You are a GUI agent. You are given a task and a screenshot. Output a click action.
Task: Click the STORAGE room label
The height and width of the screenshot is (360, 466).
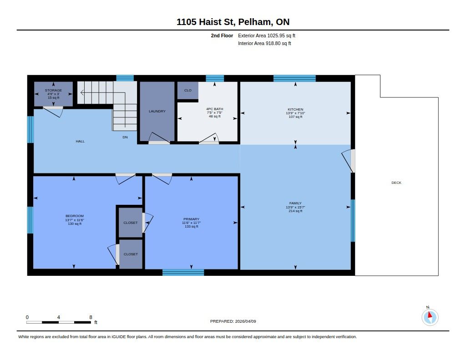click(54, 90)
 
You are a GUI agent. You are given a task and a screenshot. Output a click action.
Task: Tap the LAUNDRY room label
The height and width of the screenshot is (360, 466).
click(157, 111)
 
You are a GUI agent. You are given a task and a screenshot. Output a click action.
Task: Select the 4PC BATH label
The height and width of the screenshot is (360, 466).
click(215, 109)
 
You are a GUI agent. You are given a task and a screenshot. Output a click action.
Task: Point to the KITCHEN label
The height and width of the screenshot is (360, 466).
click(295, 109)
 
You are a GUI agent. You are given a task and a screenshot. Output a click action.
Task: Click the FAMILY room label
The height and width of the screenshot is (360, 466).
click(295, 203)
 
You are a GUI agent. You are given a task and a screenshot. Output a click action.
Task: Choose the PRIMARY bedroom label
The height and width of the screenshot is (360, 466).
click(192, 219)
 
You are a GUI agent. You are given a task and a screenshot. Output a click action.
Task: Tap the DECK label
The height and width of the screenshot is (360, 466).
click(396, 183)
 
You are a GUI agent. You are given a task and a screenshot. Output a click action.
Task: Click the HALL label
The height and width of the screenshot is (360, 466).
click(80, 142)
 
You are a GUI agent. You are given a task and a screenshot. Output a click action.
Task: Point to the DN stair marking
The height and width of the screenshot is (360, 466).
click(125, 137)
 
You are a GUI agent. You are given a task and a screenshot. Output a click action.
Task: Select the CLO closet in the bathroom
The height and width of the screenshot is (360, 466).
click(188, 91)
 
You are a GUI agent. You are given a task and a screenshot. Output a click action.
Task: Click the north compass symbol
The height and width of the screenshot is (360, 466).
click(430, 317)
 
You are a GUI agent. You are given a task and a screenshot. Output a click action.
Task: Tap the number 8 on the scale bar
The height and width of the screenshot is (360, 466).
click(91, 317)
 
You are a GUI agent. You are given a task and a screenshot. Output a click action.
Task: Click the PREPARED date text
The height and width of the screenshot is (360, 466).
click(233, 321)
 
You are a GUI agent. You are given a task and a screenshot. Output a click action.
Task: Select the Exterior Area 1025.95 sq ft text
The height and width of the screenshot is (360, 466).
click(267, 35)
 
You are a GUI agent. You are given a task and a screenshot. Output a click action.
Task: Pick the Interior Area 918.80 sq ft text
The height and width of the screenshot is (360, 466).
click(264, 43)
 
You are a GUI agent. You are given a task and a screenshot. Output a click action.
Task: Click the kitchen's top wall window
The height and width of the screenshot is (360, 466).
click(294, 78)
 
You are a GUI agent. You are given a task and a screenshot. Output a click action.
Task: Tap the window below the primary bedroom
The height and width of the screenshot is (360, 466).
click(183, 272)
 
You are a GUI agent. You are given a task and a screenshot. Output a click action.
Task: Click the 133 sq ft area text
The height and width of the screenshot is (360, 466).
click(192, 227)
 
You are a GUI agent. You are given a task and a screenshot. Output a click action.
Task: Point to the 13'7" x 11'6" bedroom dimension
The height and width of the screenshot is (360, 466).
click(75, 220)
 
